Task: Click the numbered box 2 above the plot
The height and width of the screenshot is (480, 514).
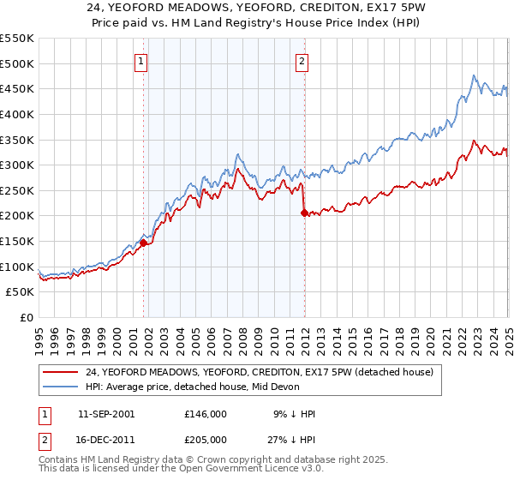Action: [303, 61]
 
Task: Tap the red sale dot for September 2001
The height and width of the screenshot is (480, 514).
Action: [143, 243]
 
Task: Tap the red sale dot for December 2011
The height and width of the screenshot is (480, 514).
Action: [304, 213]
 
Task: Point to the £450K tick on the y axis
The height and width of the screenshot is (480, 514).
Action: [17, 88]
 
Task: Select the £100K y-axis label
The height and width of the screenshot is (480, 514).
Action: [17, 267]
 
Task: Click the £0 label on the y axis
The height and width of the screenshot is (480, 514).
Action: [25, 317]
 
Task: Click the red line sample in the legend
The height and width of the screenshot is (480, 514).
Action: [60, 372]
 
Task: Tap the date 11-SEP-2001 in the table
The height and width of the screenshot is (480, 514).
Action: [106, 414]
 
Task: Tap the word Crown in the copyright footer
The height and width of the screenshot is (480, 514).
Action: [224, 460]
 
